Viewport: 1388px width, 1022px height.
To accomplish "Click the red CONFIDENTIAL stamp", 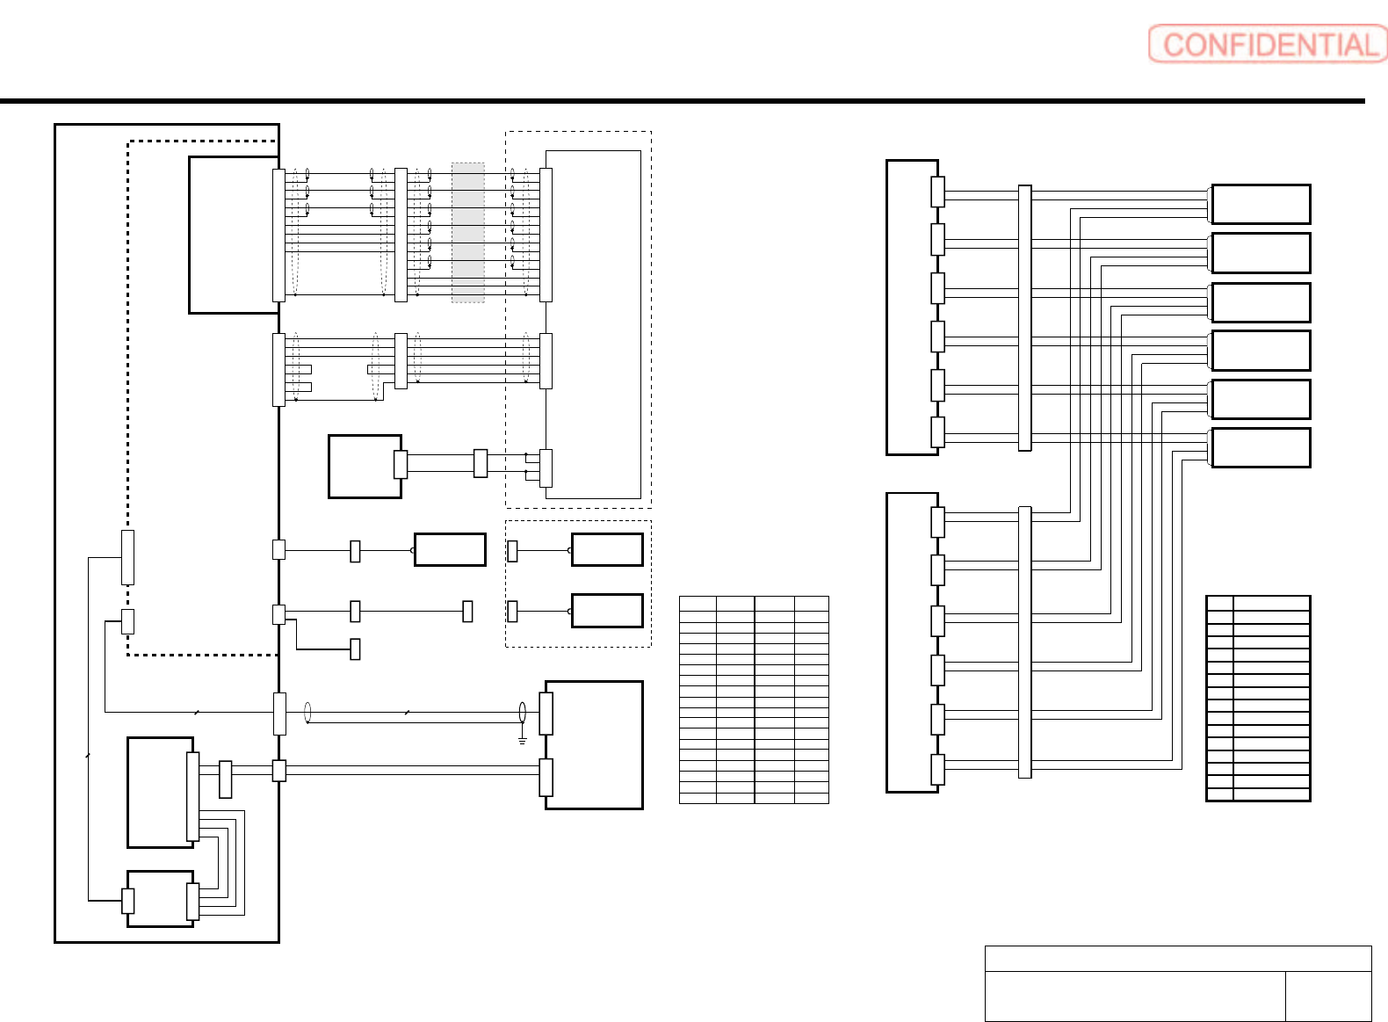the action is coord(1267,44).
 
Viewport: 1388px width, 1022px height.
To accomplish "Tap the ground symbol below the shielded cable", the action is coord(523,741).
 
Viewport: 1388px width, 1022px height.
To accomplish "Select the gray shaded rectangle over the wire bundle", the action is coord(468,232).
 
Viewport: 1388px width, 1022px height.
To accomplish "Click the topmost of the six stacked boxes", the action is coord(1261,204).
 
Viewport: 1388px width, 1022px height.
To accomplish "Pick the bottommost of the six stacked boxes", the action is coord(1261,447).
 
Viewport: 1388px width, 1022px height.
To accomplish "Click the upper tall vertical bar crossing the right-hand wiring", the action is coord(1024,317).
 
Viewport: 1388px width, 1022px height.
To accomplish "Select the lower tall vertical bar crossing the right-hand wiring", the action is coord(1024,641).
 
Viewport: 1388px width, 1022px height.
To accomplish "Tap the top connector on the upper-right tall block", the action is coord(937,192).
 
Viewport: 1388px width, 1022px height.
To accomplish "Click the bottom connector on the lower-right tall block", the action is coord(937,769).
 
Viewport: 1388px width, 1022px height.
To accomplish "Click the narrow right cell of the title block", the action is coord(1327,996).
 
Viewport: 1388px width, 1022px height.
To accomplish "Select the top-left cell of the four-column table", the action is coord(698,603).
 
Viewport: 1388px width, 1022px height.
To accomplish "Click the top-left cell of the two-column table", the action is coord(1219,603).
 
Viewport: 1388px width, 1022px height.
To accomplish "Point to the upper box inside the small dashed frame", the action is coord(607,550).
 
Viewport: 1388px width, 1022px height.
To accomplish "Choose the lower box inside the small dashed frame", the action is coord(607,611).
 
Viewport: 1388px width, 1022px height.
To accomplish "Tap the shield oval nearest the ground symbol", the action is coord(523,712).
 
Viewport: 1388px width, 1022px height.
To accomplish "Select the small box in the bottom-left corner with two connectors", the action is coord(160,898).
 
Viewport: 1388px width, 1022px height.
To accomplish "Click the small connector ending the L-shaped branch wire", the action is coord(355,649).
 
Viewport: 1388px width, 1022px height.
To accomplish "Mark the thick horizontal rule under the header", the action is coord(682,101).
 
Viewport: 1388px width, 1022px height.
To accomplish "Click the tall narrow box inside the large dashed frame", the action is coord(594,324).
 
